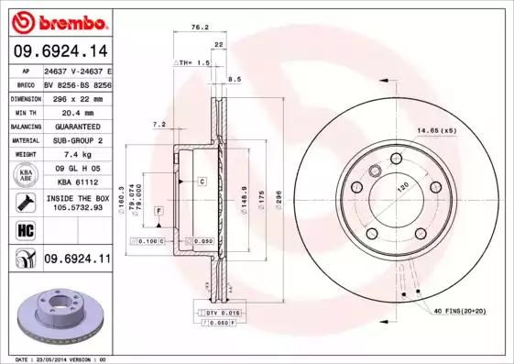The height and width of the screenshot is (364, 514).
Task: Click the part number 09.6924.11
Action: [x=76, y=259]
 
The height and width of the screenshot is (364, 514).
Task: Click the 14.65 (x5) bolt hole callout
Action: [x=437, y=131]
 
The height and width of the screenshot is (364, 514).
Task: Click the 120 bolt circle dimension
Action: [x=400, y=186]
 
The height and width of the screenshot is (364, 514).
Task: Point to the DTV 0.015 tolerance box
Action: [x=219, y=314]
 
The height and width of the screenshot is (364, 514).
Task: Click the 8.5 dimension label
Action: [x=234, y=80]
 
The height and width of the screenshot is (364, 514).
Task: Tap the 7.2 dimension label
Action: [x=158, y=124]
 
